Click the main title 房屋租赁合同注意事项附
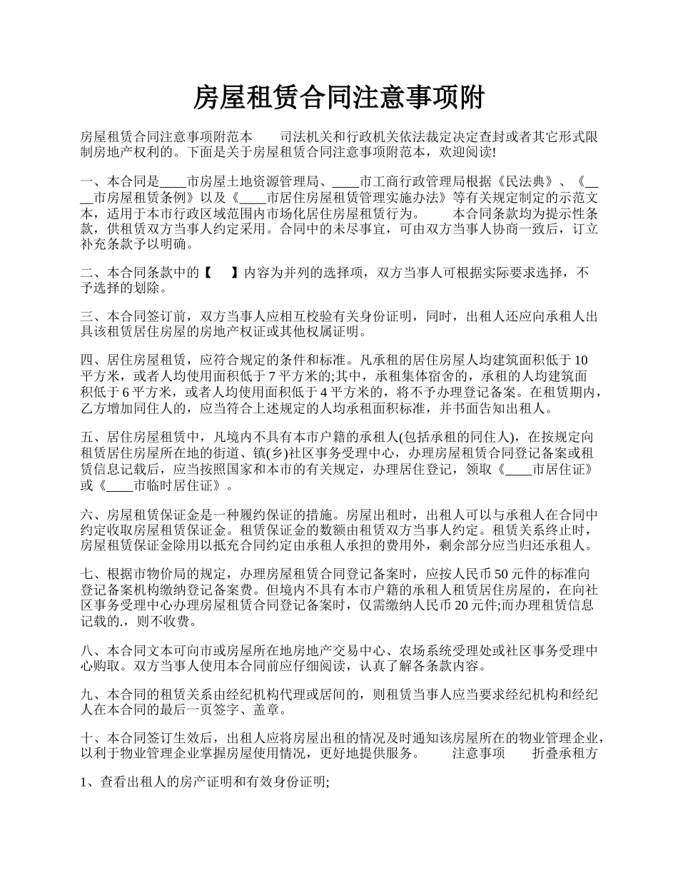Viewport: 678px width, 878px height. point(339,98)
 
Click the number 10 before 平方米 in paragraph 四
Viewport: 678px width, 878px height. point(581,358)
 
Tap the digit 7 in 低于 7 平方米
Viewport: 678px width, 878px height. point(272,375)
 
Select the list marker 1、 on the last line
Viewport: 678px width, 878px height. point(90,782)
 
